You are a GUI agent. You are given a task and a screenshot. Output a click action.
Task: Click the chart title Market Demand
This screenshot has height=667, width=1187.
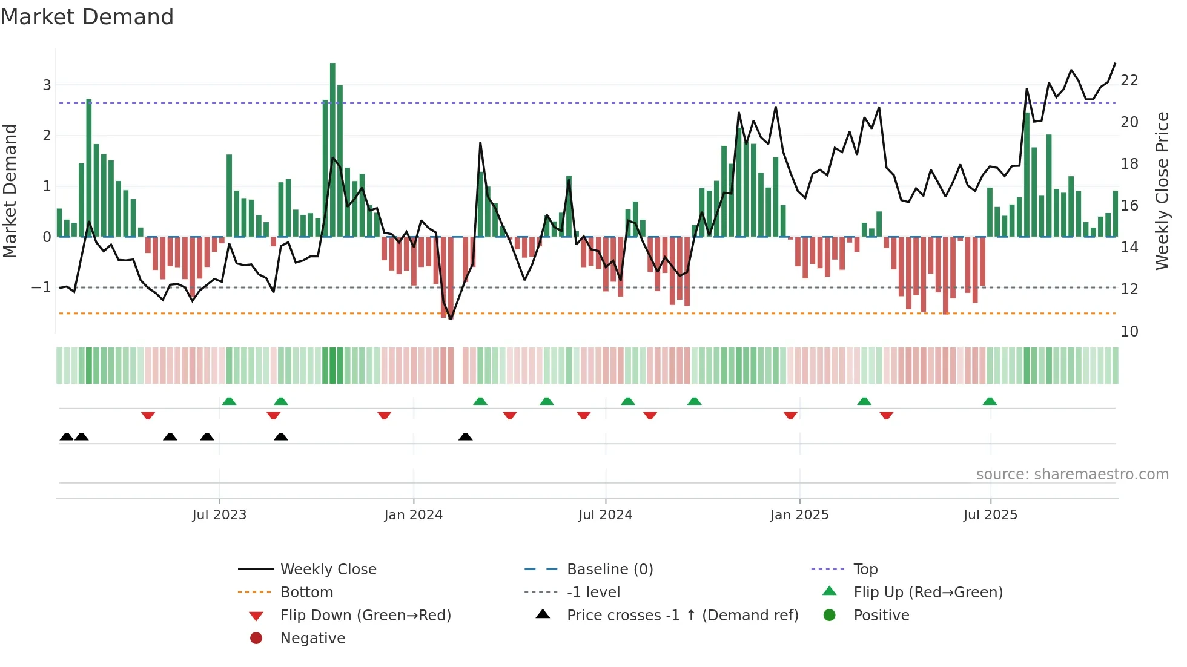pos(87,17)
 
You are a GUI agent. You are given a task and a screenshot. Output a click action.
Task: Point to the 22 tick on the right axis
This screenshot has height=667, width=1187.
pos(1129,80)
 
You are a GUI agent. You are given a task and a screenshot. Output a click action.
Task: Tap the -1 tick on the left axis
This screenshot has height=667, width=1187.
pos(41,287)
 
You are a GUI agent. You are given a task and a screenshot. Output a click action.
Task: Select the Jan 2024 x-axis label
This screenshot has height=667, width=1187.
pos(413,515)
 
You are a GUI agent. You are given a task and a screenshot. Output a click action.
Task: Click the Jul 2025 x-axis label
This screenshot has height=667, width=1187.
pos(990,515)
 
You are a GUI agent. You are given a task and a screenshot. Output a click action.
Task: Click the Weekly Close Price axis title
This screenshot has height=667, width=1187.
pos(1162,191)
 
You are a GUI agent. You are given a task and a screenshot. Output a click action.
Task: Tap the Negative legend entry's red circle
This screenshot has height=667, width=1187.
pos(256,639)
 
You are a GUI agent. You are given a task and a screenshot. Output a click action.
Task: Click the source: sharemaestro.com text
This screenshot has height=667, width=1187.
pos(1072,475)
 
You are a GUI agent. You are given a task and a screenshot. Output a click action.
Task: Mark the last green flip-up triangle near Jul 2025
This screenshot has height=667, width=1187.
pos(990,401)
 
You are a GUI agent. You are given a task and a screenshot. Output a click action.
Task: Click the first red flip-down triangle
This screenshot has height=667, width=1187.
pos(148,415)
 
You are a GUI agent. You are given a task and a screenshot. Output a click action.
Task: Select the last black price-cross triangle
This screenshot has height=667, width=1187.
pos(465,436)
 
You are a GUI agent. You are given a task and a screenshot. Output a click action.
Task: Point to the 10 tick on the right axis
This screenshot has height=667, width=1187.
pos(1129,332)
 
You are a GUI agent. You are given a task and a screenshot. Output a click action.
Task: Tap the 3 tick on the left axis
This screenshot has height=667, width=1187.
pos(47,85)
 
